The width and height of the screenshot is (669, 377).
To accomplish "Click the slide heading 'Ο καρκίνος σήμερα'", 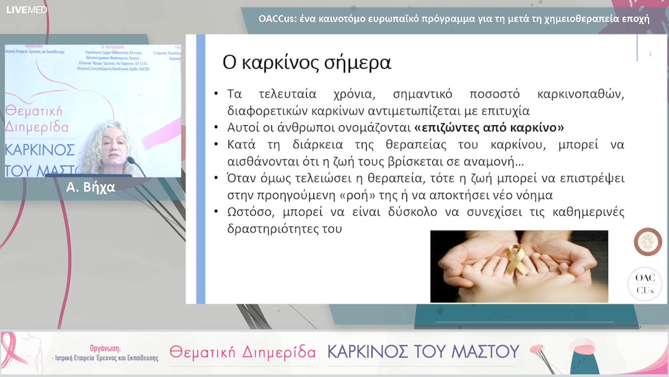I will [307, 63].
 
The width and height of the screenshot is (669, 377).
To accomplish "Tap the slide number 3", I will [650, 55].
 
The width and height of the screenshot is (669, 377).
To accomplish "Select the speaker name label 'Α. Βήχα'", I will [90, 187].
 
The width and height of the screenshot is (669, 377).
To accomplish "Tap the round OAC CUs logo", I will [645, 284].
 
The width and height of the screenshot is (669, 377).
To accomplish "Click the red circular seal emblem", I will [647, 241].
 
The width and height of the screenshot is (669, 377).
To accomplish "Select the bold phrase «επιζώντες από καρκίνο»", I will [489, 128].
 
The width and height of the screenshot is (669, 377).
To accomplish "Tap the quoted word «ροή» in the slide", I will [387, 195].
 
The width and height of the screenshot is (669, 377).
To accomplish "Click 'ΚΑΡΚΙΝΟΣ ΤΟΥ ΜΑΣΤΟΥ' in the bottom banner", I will [422, 352].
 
